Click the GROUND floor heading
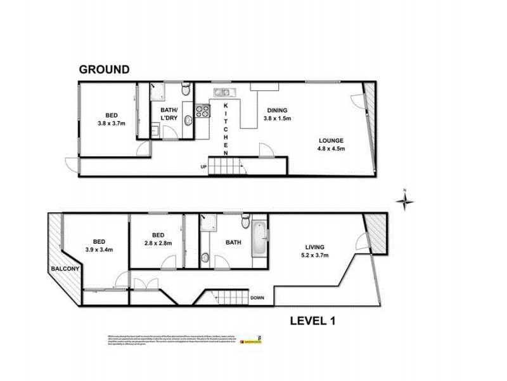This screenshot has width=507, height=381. [x=104, y=69]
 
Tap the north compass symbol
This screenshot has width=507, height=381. [x=404, y=201]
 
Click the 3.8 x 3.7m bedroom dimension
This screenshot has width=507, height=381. [x=112, y=124]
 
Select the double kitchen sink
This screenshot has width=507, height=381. [x=225, y=93]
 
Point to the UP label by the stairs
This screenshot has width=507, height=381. [x=203, y=167]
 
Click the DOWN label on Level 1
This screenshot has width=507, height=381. [x=257, y=297]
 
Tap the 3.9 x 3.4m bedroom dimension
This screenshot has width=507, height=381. [x=99, y=250]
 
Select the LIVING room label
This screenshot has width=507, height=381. [x=314, y=247]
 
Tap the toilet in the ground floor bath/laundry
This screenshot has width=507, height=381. [x=184, y=91]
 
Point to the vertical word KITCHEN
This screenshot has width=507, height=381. [x=226, y=127]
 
